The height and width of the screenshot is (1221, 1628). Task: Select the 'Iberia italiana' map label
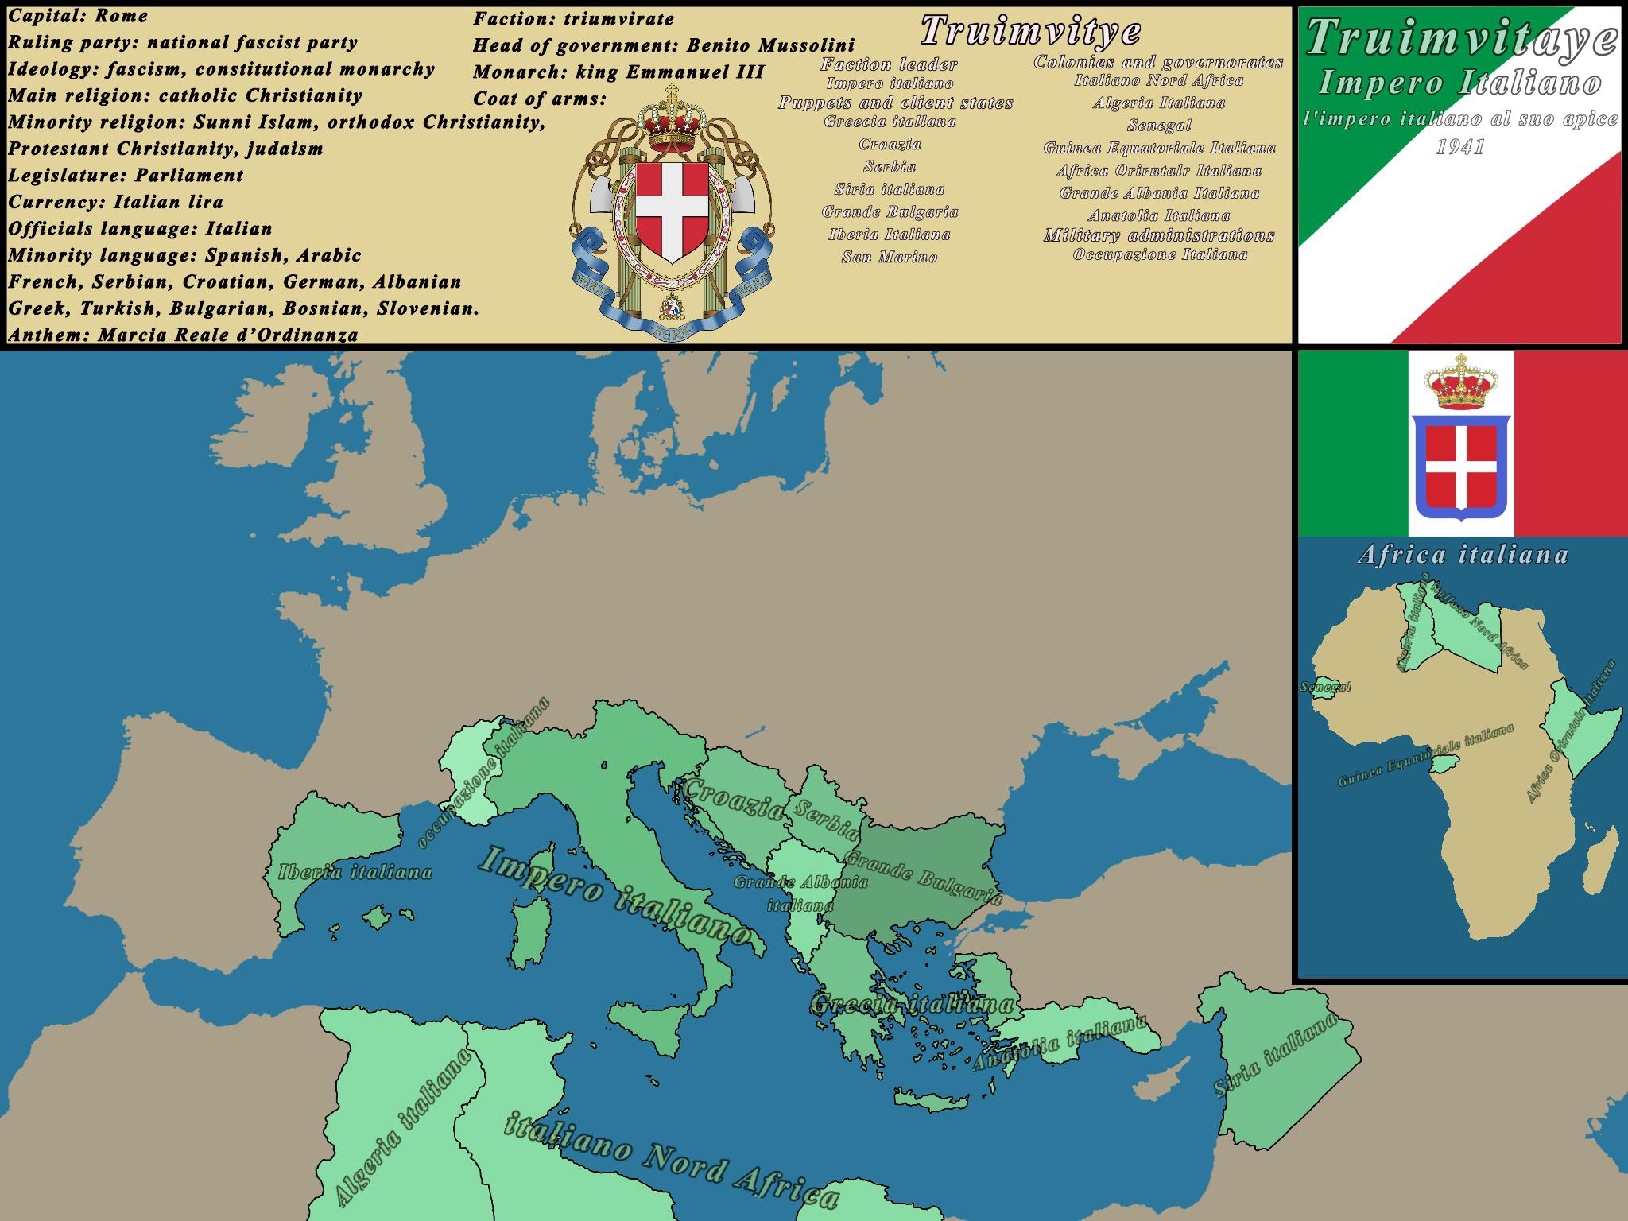[355, 872]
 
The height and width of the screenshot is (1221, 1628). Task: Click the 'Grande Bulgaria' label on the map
[922, 878]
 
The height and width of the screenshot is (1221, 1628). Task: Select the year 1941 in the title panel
[1459, 147]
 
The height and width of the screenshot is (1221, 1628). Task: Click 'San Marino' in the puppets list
[890, 257]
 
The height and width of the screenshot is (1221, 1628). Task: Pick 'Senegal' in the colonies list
[1158, 125]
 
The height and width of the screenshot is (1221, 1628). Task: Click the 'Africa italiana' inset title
[1463, 554]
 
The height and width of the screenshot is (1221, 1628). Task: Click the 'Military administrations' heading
[1158, 235]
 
